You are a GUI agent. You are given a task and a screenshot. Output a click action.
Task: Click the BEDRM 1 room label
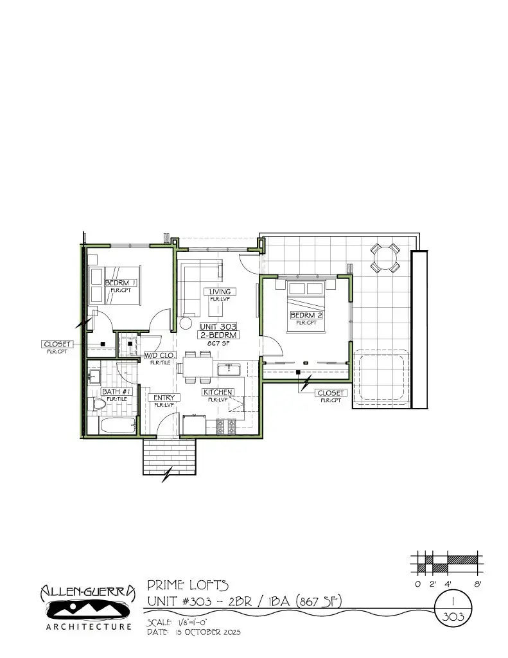pos(121,283)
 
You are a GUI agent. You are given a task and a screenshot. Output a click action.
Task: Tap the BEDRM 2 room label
pos(306,315)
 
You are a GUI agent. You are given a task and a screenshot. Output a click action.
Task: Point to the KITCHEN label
pos(218,392)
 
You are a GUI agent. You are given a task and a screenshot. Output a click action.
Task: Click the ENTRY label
pos(164,398)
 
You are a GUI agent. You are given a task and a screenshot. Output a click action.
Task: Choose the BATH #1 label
pos(117,391)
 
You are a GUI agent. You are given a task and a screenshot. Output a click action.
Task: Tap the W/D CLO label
pos(159,355)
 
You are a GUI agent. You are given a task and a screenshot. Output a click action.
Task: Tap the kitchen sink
pos(229,369)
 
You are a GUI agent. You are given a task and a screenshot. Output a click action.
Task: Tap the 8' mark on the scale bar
pos(478,584)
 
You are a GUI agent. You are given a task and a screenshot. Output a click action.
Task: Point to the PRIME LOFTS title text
pos(188,585)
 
